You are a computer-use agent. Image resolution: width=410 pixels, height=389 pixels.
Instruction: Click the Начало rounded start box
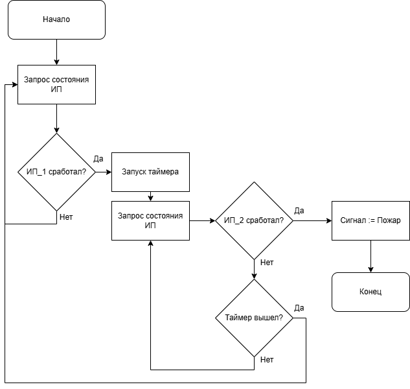pos(56,19)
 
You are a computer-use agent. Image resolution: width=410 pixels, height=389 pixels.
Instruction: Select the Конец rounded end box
pos(370,292)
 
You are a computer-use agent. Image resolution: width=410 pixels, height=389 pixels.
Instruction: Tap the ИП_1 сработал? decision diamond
pos(56,172)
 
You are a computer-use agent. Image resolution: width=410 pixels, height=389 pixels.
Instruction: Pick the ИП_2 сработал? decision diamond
pos(254,220)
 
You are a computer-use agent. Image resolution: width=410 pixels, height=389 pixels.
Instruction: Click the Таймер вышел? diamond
pos(254,318)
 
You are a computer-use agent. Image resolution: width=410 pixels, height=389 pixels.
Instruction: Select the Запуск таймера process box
pos(150,172)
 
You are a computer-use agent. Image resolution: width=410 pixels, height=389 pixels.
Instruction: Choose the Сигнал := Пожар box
pos(370,220)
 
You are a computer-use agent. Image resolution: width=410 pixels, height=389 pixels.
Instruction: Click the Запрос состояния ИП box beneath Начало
pos(56,84)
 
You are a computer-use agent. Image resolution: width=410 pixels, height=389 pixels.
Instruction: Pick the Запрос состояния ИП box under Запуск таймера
pos(150,220)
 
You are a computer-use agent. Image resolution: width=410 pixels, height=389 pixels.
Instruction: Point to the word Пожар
pos(389,220)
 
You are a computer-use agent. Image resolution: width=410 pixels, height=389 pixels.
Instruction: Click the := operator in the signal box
pos(372,220)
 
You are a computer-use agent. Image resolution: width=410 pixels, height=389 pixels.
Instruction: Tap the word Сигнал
pos(353,220)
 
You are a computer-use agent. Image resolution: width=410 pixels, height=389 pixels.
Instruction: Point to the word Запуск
pos(135,172)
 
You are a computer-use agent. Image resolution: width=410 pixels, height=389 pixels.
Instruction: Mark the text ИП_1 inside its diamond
pos(36,172)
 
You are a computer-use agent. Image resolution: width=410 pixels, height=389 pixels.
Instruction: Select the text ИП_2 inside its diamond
pos(234,220)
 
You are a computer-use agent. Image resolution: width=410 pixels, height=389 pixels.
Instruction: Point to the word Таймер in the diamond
pos(240,318)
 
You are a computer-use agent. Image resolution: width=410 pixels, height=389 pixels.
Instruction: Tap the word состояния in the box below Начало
pos(69,79)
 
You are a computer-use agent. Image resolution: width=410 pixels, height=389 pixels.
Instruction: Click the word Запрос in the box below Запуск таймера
pos(131,215)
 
